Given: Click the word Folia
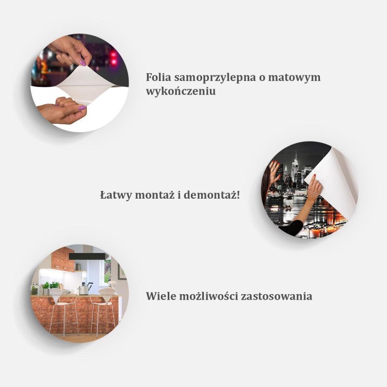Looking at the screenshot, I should pos(158,77).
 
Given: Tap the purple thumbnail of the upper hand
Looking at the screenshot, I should pos(82,62).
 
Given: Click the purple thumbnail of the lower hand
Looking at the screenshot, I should pos(81,108).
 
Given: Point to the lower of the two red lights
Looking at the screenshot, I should pos(114,62).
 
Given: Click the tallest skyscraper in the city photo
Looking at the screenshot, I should pos(296,168).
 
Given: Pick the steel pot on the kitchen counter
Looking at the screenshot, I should pos(83,289).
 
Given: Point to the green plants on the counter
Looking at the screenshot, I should pos(50,285).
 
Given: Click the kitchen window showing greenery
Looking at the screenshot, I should pos(107,271).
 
